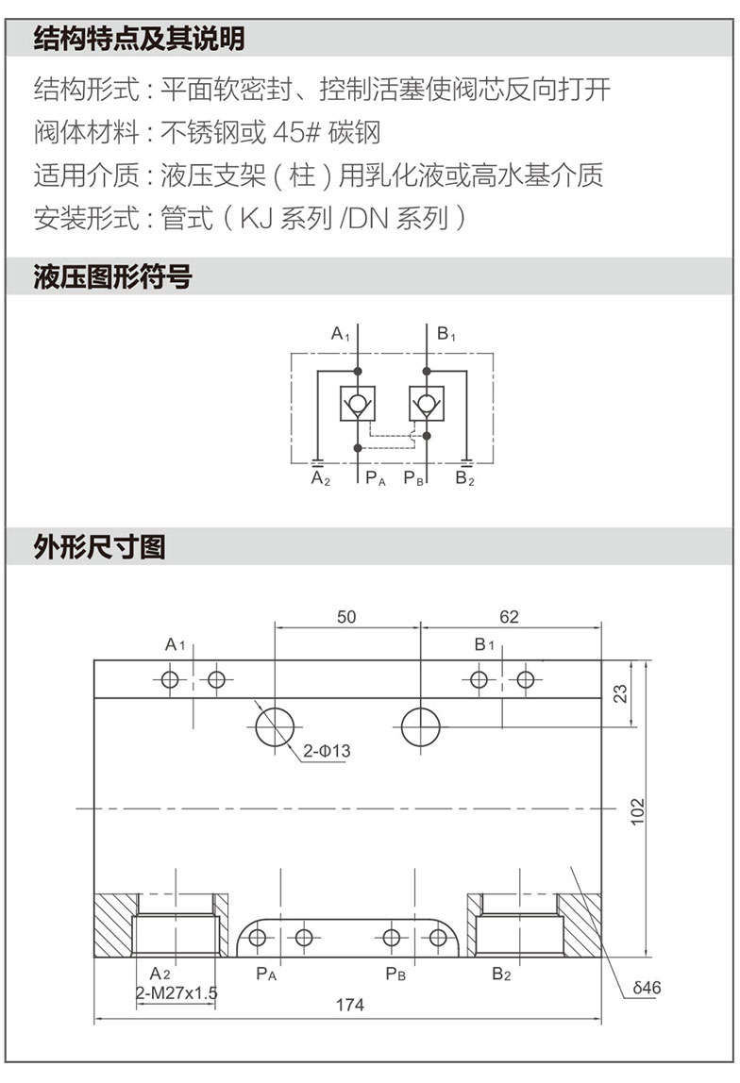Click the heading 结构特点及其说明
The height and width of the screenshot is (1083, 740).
tap(139, 39)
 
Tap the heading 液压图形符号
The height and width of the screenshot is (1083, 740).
tap(112, 277)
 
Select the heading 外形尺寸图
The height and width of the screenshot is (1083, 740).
tap(99, 547)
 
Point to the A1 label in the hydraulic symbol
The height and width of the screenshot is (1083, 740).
tap(341, 334)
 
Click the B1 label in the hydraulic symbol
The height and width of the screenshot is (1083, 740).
tap(446, 334)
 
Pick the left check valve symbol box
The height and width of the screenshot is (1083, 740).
tap(358, 404)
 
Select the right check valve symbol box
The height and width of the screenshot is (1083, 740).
tap(427, 404)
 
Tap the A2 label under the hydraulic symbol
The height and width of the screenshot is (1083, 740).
tap(321, 478)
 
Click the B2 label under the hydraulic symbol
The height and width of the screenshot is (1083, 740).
tap(465, 478)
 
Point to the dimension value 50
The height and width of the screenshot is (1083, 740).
tap(346, 617)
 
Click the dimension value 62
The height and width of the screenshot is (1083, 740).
tap(510, 617)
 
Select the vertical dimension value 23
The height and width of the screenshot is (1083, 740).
tap(620, 693)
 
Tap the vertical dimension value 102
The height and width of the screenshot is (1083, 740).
tap(638, 811)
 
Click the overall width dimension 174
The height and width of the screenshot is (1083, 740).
tap(350, 1005)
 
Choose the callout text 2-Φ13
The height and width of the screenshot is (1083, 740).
tap(327, 751)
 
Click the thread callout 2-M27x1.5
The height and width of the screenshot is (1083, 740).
tap(177, 993)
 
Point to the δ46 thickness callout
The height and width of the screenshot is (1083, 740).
tap(647, 988)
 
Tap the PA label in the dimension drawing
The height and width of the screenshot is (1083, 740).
tap(266, 974)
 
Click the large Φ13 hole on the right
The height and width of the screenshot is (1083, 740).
tap(421, 727)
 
